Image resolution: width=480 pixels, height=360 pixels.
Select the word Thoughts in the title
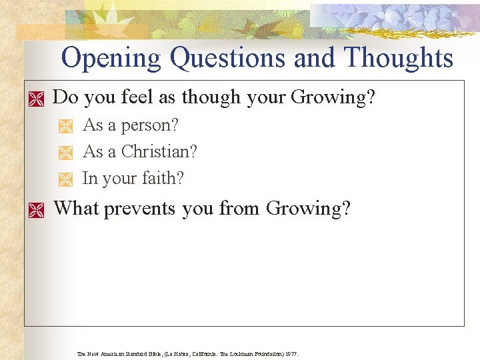398,59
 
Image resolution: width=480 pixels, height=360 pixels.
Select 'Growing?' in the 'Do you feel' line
333,97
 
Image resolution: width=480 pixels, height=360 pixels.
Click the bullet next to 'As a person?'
65,127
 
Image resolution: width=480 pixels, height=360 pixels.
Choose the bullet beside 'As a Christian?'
65,153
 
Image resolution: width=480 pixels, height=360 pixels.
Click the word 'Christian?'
159,152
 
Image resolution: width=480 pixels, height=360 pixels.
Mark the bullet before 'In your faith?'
65,179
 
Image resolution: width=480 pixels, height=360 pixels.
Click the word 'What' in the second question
75,208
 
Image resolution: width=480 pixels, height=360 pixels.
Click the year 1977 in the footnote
291,354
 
